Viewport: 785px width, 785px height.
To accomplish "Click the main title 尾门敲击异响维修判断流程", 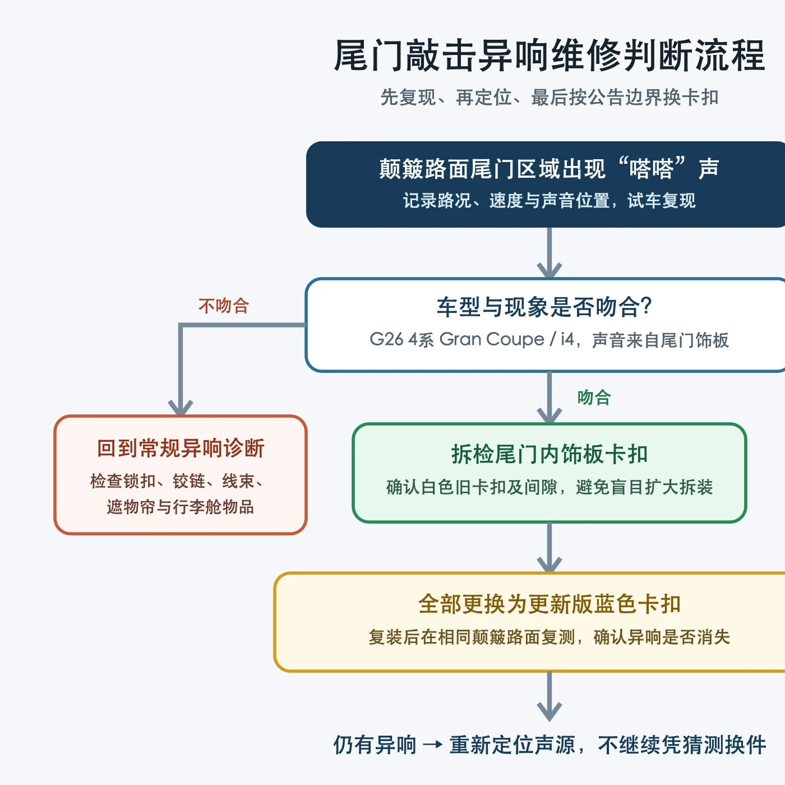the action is (x=549, y=56).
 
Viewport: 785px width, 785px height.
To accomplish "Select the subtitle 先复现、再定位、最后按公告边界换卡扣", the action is (x=549, y=98).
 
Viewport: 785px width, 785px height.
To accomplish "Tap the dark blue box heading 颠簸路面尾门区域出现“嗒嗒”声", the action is (x=549, y=168).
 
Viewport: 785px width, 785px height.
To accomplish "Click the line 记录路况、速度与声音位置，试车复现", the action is (x=549, y=200).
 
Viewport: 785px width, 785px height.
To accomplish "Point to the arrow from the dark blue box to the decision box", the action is (x=549, y=252).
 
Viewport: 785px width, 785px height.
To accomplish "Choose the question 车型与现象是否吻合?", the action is (x=544, y=307).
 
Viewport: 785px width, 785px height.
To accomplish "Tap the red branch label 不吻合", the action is (x=224, y=306).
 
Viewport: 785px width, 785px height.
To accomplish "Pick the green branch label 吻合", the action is (x=594, y=397).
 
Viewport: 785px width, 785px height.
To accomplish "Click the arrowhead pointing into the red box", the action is (x=181, y=408).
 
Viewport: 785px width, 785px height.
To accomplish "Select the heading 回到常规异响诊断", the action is (x=181, y=448).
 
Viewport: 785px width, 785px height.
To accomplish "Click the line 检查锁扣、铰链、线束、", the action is (x=177, y=481).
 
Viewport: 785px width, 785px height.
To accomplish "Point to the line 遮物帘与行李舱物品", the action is (x=181, y=507).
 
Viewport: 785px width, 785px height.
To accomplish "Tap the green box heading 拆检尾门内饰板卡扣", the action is (x=549, y=454).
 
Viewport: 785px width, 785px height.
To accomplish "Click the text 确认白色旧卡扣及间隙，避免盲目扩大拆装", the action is (x=549, y=487).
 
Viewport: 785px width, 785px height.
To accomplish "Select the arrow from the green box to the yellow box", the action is (x=549, y=547).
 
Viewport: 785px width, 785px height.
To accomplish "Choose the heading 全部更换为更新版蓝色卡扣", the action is (x=549, y=604).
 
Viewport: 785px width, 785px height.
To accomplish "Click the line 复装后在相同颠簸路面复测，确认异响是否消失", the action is (x=549, y=637).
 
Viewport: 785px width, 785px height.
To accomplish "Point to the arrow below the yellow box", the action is (x=549, y=696).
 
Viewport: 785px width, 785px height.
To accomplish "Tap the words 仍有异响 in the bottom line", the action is (x=375, y=745).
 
